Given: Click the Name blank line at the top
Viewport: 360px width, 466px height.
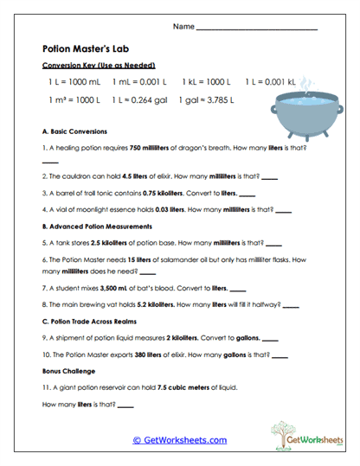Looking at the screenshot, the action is pyautogui.click(x=257, y=29).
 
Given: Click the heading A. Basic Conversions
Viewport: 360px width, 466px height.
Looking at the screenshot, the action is pyautogui.click(x=74, y=132).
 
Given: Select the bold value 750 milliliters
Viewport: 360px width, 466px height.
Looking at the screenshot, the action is pyautogui.click(x=143, y=148).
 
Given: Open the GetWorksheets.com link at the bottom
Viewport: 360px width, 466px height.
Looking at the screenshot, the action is pyautogui.click(x=179, y=440).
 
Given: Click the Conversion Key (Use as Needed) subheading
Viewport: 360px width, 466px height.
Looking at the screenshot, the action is pyautogui.click(x=87, y=66).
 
